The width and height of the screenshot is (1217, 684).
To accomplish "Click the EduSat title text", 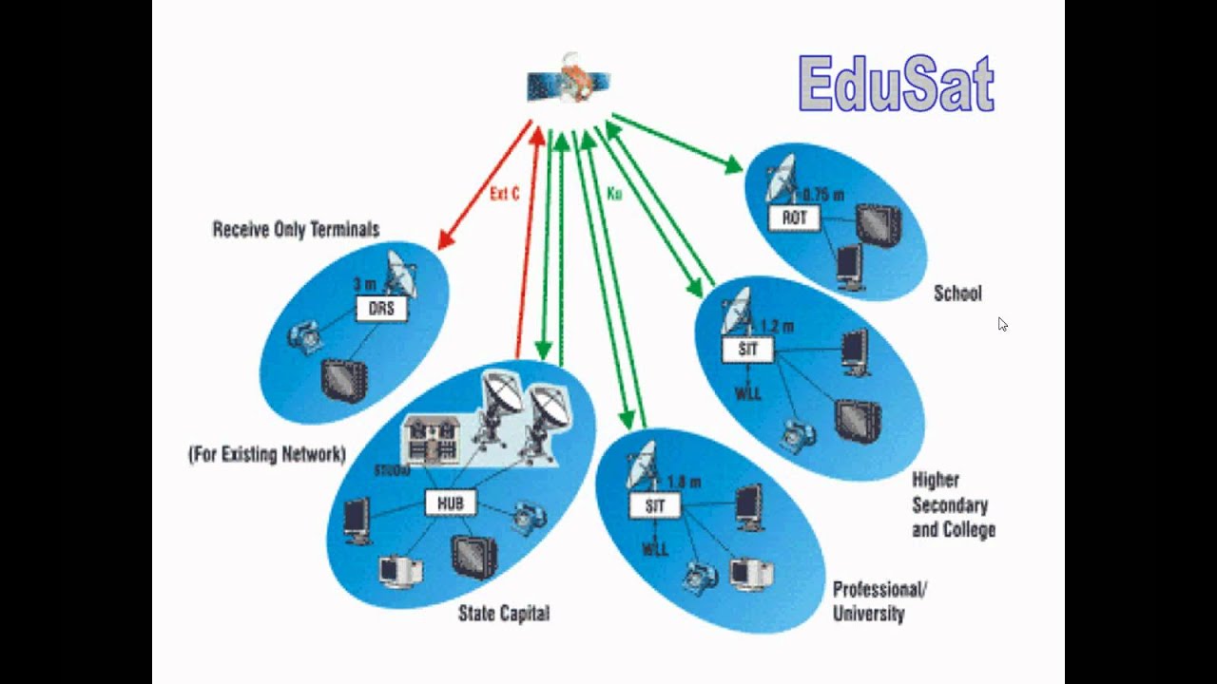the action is point(896,84).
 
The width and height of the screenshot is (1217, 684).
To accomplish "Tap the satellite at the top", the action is point(569,82).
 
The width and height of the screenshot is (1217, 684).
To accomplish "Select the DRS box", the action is point(381,309).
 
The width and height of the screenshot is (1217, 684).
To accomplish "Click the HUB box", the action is point(450,503).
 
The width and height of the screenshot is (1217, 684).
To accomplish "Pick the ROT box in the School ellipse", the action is point(794,218).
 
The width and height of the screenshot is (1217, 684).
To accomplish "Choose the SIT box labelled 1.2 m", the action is point(748,349).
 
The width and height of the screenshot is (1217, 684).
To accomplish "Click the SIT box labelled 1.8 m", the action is point(655,505).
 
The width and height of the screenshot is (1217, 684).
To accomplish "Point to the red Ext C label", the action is point(504,195).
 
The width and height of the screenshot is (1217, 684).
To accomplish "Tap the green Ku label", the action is point(614,194).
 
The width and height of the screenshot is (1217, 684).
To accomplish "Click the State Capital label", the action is point(503,614).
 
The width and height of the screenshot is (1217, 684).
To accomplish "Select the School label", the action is point(957,294).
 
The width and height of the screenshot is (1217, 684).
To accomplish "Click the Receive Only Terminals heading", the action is point(296,230).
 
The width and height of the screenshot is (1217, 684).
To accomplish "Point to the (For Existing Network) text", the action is point(267,455).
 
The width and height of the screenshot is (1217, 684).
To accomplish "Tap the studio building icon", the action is point(432,440).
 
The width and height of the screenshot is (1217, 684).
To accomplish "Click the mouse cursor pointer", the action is point(1002,324).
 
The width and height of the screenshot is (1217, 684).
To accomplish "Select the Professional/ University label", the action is point(879,601).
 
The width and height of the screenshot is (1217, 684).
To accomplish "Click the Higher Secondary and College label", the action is point(953,504).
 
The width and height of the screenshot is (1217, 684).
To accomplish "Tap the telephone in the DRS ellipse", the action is point(306,335).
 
